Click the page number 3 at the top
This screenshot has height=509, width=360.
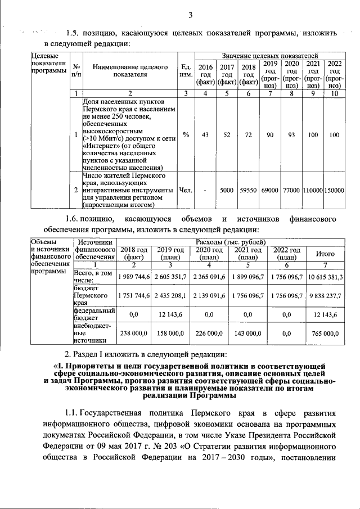coord(190,15)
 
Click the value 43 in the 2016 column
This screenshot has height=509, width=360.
coord(205,135)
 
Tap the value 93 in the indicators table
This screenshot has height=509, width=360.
coord(291,135)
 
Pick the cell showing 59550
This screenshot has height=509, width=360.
coord(248,191)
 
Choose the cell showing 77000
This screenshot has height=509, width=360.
coord(291,191)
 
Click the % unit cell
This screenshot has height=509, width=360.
coord(184,135)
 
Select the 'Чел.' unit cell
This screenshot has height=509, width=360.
coord(184,191)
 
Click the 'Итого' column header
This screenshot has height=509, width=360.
coord(326,254)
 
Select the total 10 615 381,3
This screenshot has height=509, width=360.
coord(326,277)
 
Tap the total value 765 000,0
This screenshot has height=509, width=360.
coord(326,334)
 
